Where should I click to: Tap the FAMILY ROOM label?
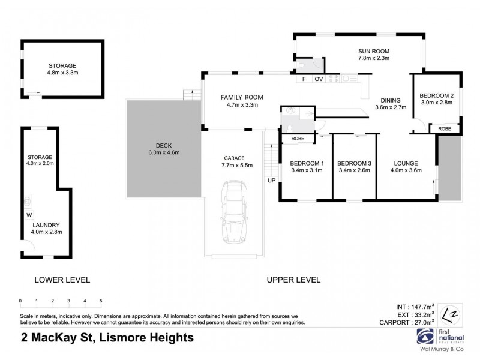(242, 97)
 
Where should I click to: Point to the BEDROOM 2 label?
(436, 95)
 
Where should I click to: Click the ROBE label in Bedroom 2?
(445, 128)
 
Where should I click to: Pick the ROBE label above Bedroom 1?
(298, 139)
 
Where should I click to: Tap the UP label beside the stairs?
(271, 180)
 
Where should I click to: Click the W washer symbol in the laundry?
(29, 214)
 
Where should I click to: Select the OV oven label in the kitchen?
(319, 79)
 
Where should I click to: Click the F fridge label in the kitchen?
(304, 79)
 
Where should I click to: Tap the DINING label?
(391, 100)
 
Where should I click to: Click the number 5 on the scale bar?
(101, 301)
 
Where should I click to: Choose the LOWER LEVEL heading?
(62, 280)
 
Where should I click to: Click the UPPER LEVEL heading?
(293, 280)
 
